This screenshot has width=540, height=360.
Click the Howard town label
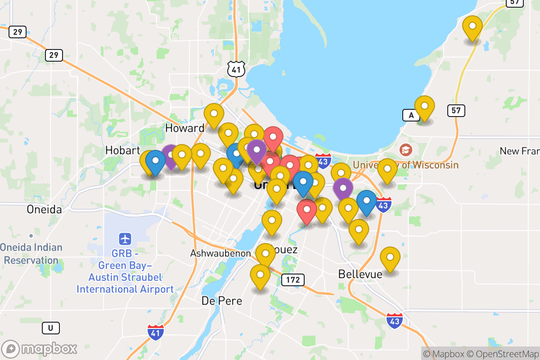pyautogui.click(x=184, y=128)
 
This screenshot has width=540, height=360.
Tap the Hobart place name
pyautogui.click(x=123, y=150)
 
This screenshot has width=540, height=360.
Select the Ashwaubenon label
pyautogui.click(x=220, y=253)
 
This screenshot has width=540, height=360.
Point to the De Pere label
pyautogui.click(x=221, y=301)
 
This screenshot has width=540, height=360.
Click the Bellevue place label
pyautogui.click(x=360, y=274)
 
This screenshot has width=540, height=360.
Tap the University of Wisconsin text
pyautogui.click(x=405, y=165)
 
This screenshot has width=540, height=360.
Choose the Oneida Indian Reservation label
pyautogui.click(x=31, y=253)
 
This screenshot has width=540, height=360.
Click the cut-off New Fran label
pyautogui.click(x=519, y=151)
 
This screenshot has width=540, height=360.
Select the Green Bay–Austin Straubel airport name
pyautogui.click(x=125, y=277)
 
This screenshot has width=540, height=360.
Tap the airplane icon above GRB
pyautogui.click(x=125, y=238)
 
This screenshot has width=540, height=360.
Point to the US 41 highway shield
pyautogui.click(x=236, y=68)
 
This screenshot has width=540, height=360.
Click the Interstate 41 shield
pyautogui.click(x=155, y=332)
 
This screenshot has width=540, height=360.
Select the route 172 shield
pyautogui.click(x=293, y=280)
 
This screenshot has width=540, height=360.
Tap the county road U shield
pyautogui.click(x=50, y=328)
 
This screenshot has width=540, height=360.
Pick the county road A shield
pyautogui.click(x=410, y=116)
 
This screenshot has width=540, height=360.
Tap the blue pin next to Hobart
pyautogui.click(x=155, y=162)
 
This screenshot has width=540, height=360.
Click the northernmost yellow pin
pyautogui.click(x=472, y=28)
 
